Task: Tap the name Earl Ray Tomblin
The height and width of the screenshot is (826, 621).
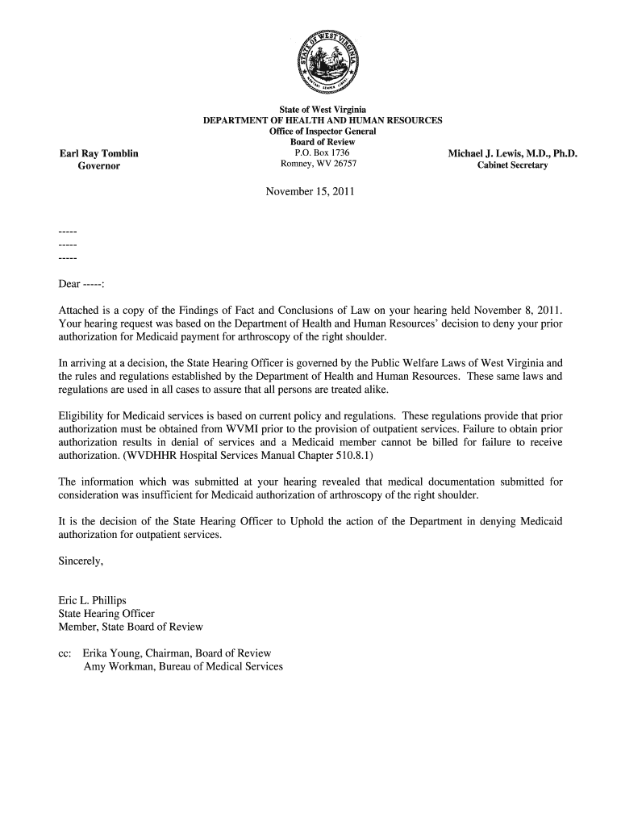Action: pos(98,153)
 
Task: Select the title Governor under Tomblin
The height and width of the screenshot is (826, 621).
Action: pos(98,166)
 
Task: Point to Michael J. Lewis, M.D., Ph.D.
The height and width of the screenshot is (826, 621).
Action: pos(513,153)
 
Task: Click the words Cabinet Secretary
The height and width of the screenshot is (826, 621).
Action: pos(513,165)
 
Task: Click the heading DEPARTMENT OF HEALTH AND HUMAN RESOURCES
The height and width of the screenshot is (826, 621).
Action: pos(322,120)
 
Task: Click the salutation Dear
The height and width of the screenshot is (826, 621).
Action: pos(70,286)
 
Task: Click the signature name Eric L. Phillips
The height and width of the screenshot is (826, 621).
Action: pos(93,600)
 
